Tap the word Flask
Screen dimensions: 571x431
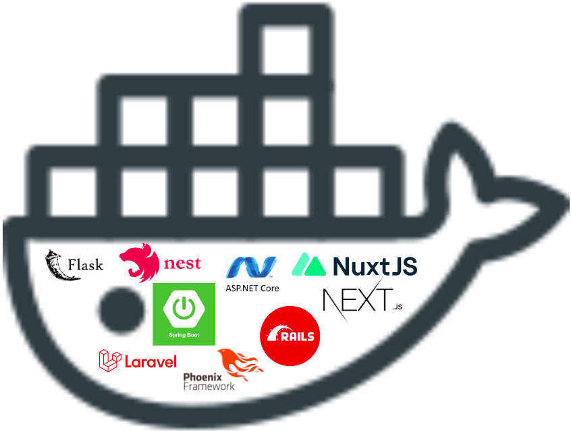[86, 264]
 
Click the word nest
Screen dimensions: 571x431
[182, 263]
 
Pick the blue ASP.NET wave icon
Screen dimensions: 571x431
[251, 268]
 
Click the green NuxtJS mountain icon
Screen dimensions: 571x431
[309, 264]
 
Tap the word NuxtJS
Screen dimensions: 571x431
[375, 265]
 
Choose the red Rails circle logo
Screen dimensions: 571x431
[290, 336]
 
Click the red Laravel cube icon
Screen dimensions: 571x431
[110, 361]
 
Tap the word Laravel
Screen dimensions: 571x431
[151, 362]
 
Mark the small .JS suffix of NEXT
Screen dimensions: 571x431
[397, 307]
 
